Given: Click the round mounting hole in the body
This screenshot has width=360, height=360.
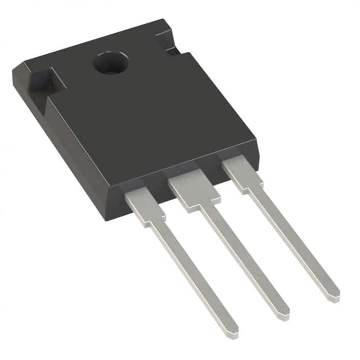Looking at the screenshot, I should point(110,63).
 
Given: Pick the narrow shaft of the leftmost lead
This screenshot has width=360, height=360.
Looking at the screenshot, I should point(191,270).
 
